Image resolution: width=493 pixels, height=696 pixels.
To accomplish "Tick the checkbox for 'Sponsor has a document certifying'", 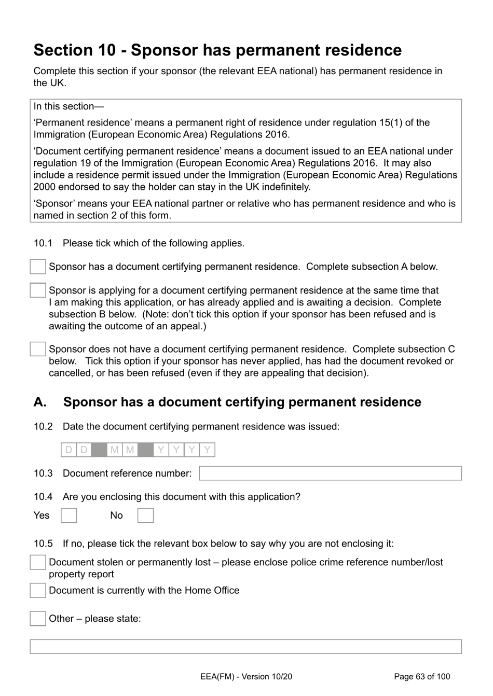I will coord(38,267).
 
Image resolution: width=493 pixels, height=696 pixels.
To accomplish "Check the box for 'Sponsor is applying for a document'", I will coord(38,290).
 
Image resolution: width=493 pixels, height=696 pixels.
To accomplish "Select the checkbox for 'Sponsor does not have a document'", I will coord(38,349).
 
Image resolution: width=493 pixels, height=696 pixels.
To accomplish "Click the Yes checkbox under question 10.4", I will coord(69,516).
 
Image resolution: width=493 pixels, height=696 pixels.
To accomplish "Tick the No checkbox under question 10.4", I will coord(145,516).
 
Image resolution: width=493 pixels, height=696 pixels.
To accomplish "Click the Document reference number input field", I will coord(330,473).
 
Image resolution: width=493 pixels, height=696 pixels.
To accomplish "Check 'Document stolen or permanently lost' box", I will coord(38,562).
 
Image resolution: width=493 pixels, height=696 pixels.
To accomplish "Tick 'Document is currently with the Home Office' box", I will coord(38,590).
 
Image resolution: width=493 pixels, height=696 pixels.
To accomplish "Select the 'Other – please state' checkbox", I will coord(38,618).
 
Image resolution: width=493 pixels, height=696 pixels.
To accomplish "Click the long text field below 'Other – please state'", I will coord(245,646).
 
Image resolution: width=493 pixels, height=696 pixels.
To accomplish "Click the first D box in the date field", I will coord(69,450).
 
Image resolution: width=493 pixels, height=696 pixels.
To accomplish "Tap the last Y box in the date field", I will coord(207,450).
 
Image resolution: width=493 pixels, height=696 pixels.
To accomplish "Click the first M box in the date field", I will coord(115,450).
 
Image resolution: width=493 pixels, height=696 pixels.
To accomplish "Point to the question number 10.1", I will coord(43,243).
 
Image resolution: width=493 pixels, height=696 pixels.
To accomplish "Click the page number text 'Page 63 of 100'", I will coord(422,676).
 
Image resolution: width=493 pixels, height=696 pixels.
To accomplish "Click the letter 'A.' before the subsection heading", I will coord(40,402).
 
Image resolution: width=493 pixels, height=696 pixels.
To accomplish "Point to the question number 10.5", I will coord(43,544).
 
